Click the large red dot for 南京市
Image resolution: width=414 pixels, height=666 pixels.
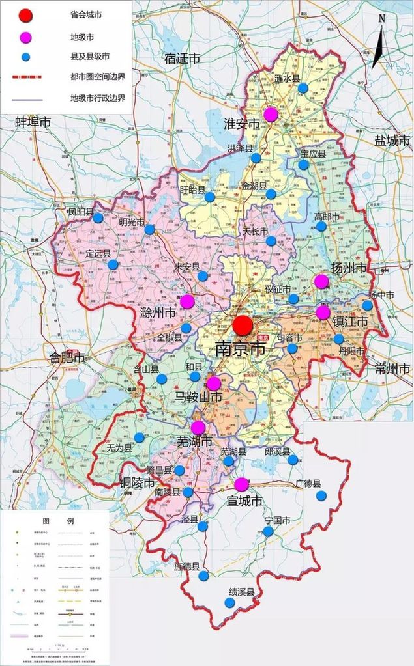[243, 326]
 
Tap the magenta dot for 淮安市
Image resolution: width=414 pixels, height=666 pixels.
[271, 115]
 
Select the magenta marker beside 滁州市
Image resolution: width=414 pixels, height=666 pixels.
[187, 301]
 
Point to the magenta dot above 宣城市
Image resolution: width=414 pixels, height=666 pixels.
[241, 484]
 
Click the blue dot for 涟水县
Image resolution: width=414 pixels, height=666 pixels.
[303, 88]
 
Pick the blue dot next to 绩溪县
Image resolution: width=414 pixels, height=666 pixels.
[229, 603]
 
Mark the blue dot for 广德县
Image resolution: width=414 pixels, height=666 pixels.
[321, 495]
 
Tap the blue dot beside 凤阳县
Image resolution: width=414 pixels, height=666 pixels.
[98, 218]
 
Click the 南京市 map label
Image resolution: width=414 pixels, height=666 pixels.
[240, 349]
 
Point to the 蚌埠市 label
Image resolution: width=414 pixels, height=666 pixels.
[33, 122]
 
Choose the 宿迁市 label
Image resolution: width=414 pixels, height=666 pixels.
[183, 59]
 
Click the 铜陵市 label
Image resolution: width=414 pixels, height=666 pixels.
[138, 482]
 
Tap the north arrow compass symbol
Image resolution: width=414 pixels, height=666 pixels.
[379, 42]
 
